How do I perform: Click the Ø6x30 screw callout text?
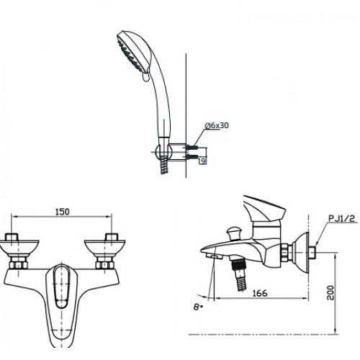coord(217,125)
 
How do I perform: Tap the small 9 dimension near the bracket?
coord(204,161)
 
